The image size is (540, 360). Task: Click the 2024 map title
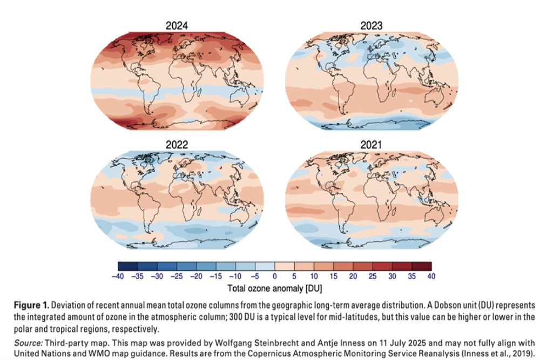178,25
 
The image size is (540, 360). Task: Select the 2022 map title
178,144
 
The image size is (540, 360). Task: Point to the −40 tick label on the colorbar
118,276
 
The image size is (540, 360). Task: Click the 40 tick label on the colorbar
430,276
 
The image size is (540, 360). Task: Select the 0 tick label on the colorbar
274,276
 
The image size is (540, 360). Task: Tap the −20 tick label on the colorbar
196,276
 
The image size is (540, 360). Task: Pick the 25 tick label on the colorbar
372,276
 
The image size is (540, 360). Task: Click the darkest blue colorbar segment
127,266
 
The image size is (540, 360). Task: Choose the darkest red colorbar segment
421,266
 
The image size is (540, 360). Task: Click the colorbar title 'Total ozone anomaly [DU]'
274,287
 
